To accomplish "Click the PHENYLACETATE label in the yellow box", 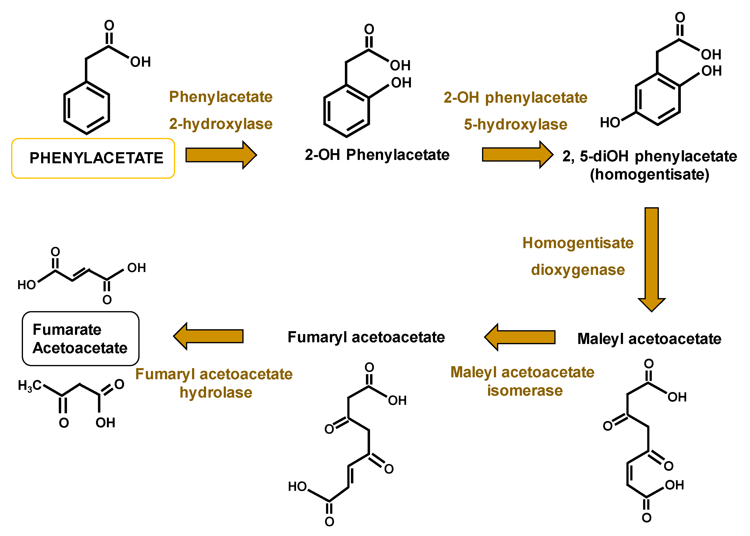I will (x=96, y=158).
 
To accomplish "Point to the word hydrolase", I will (x=216, y=393).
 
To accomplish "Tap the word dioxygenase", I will (x=578, y=270).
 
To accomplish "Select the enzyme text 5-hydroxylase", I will (x=515, y=124).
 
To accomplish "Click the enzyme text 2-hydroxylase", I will (x=221, y=124).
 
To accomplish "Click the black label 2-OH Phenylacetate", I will (x=377, y=155).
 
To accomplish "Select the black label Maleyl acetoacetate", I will (x=649, y=339).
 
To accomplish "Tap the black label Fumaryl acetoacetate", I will (x=366, y=337).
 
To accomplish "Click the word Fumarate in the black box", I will (x=67, y=330).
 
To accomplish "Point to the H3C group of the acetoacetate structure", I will (x=30, y=386).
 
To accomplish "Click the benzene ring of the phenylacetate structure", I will (x=87, y=108).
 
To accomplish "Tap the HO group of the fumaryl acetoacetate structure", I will (x=297, y=486).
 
